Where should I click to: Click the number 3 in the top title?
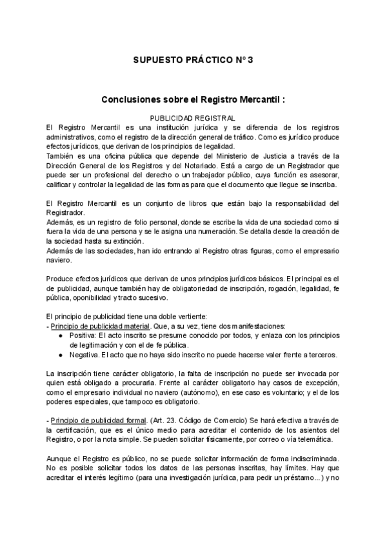click(251, 60)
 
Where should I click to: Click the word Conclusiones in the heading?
click(132, 101)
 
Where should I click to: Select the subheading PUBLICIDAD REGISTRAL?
click(193, 118)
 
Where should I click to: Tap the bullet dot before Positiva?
click(60, 336)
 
